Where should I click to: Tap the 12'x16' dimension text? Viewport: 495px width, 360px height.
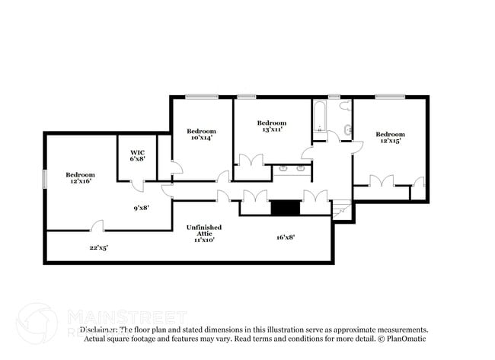(x=79, y=182)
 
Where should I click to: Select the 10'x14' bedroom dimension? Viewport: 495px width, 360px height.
(x=201, y=138)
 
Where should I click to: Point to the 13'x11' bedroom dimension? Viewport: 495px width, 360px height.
(x=272, y=130)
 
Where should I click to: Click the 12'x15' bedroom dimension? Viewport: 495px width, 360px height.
(x=389, y=141)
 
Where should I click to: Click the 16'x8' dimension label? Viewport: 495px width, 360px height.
(x=286, y=237)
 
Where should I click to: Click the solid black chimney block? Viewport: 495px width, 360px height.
(x=286, y=207)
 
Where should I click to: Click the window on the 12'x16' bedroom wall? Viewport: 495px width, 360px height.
(x=43, y=177)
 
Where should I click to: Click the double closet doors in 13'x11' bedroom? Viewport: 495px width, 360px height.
(x=251, y=161)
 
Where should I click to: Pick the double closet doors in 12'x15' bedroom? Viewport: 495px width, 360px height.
(x=381, y=180)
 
